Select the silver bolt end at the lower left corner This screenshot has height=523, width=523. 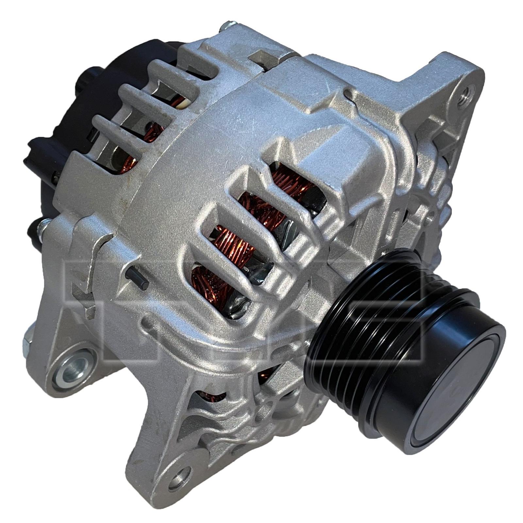(26, 340)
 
